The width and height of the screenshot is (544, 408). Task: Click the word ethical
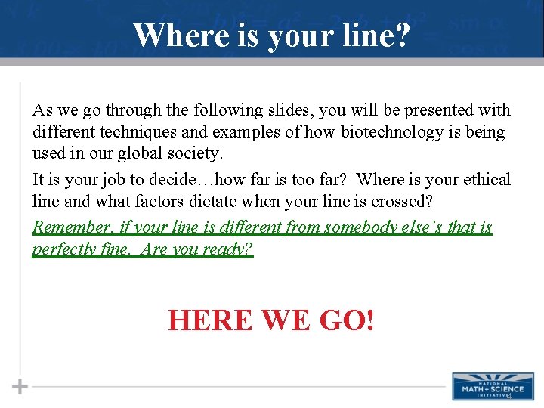484,180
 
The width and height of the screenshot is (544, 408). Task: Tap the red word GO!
347,320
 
